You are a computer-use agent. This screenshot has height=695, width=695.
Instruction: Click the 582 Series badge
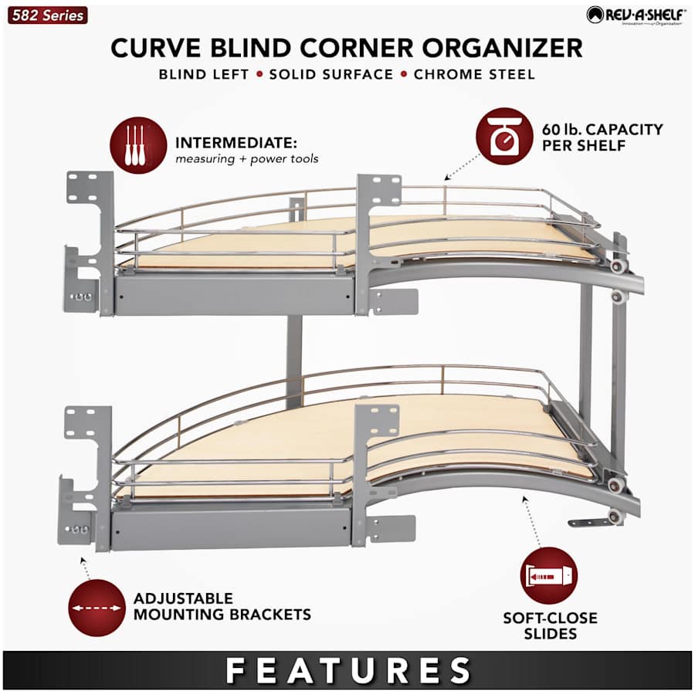click(47, 15)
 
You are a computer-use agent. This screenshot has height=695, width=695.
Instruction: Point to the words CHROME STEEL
click(474, 74)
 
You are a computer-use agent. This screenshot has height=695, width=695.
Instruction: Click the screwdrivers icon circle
click(138, 145)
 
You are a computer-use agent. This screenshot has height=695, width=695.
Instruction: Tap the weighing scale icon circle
click(504, 137)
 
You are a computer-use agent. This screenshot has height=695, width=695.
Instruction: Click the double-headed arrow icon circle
click(97, 609)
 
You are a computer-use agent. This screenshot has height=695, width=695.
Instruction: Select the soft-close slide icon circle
click(549, 576)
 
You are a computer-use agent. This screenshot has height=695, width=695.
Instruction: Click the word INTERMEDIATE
click(236, 143)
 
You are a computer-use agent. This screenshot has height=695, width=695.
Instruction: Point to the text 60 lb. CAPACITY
click(602, 130)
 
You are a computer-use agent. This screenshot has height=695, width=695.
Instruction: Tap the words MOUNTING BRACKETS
click(222, 615)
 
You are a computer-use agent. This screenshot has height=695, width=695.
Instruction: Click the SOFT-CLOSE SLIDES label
click(550, 625)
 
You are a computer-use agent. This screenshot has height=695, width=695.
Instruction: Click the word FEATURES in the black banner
click(348, 670)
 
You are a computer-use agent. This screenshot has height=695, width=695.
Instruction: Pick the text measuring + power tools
click(247, 159)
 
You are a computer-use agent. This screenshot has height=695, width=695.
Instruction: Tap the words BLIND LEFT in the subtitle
click(204, 74)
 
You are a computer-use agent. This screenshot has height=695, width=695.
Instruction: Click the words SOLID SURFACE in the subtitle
click(331, 74)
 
